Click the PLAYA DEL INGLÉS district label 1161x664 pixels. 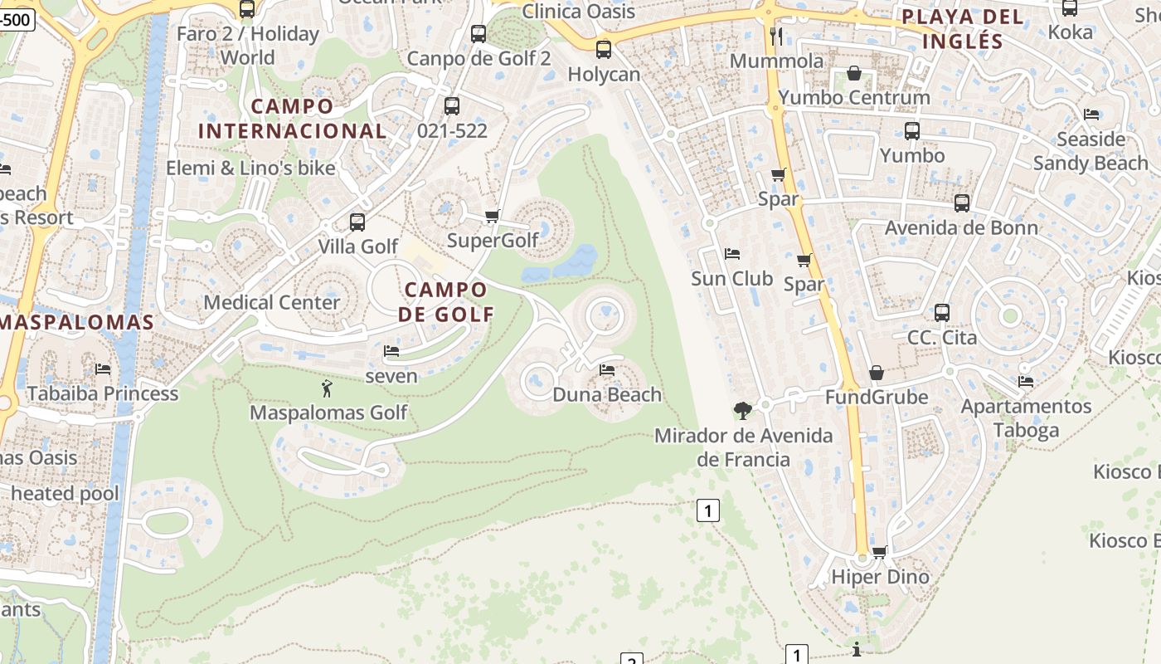tap(962, 28)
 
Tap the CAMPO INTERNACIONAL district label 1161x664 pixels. tap(292, 118)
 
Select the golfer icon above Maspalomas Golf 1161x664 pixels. tap(327, 388)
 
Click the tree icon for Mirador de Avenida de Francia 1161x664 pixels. tap(743, 410)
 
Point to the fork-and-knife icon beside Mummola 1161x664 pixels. tap(776, 36)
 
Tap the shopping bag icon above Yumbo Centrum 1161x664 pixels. tap(853, 73)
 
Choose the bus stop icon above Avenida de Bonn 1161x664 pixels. tap(962, 203)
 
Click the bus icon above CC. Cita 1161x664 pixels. tap(942, 313)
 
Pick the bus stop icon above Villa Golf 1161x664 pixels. tap(357, 222)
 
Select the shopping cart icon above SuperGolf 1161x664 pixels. tap(492, 217)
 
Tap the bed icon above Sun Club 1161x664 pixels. tap(731, 253)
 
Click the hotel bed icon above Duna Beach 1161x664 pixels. tap(607, 369)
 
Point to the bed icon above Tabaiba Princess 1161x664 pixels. tap(103, 369)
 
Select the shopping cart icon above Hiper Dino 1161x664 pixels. tap(880, 551)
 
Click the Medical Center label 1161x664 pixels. tap(272, 301)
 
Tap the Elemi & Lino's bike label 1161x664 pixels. tap(250, 168)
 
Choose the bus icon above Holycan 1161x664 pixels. tap(604, 49)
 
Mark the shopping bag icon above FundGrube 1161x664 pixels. tap(877, 373)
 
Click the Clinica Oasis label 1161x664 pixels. tap(579, 11)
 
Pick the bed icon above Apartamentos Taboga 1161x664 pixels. tap(1026, 382)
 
